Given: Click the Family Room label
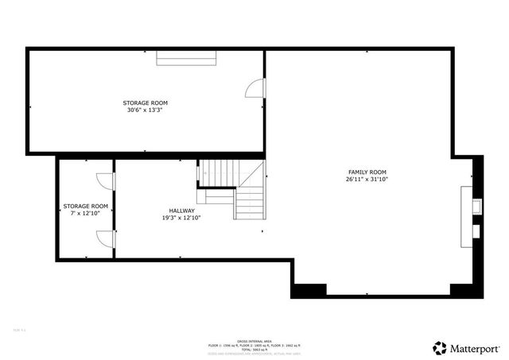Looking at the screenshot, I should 367,172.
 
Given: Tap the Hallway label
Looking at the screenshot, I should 181,211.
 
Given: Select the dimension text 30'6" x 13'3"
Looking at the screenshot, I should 145,110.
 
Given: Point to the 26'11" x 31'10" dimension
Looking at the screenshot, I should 367,180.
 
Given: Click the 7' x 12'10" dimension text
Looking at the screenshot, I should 86,213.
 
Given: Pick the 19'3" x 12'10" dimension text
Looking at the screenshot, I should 181,218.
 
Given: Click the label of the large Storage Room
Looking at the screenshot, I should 145,103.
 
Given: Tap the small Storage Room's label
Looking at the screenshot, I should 86,206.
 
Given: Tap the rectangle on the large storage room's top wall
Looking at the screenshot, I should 186,56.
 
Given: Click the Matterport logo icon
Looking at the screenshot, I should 439,347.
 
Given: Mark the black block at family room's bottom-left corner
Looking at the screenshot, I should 308,290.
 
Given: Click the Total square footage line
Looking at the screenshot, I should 254,350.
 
